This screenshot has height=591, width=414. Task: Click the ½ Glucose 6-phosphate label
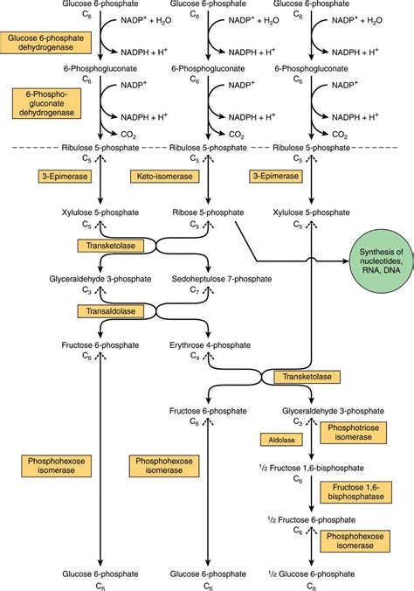point(312,574)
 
